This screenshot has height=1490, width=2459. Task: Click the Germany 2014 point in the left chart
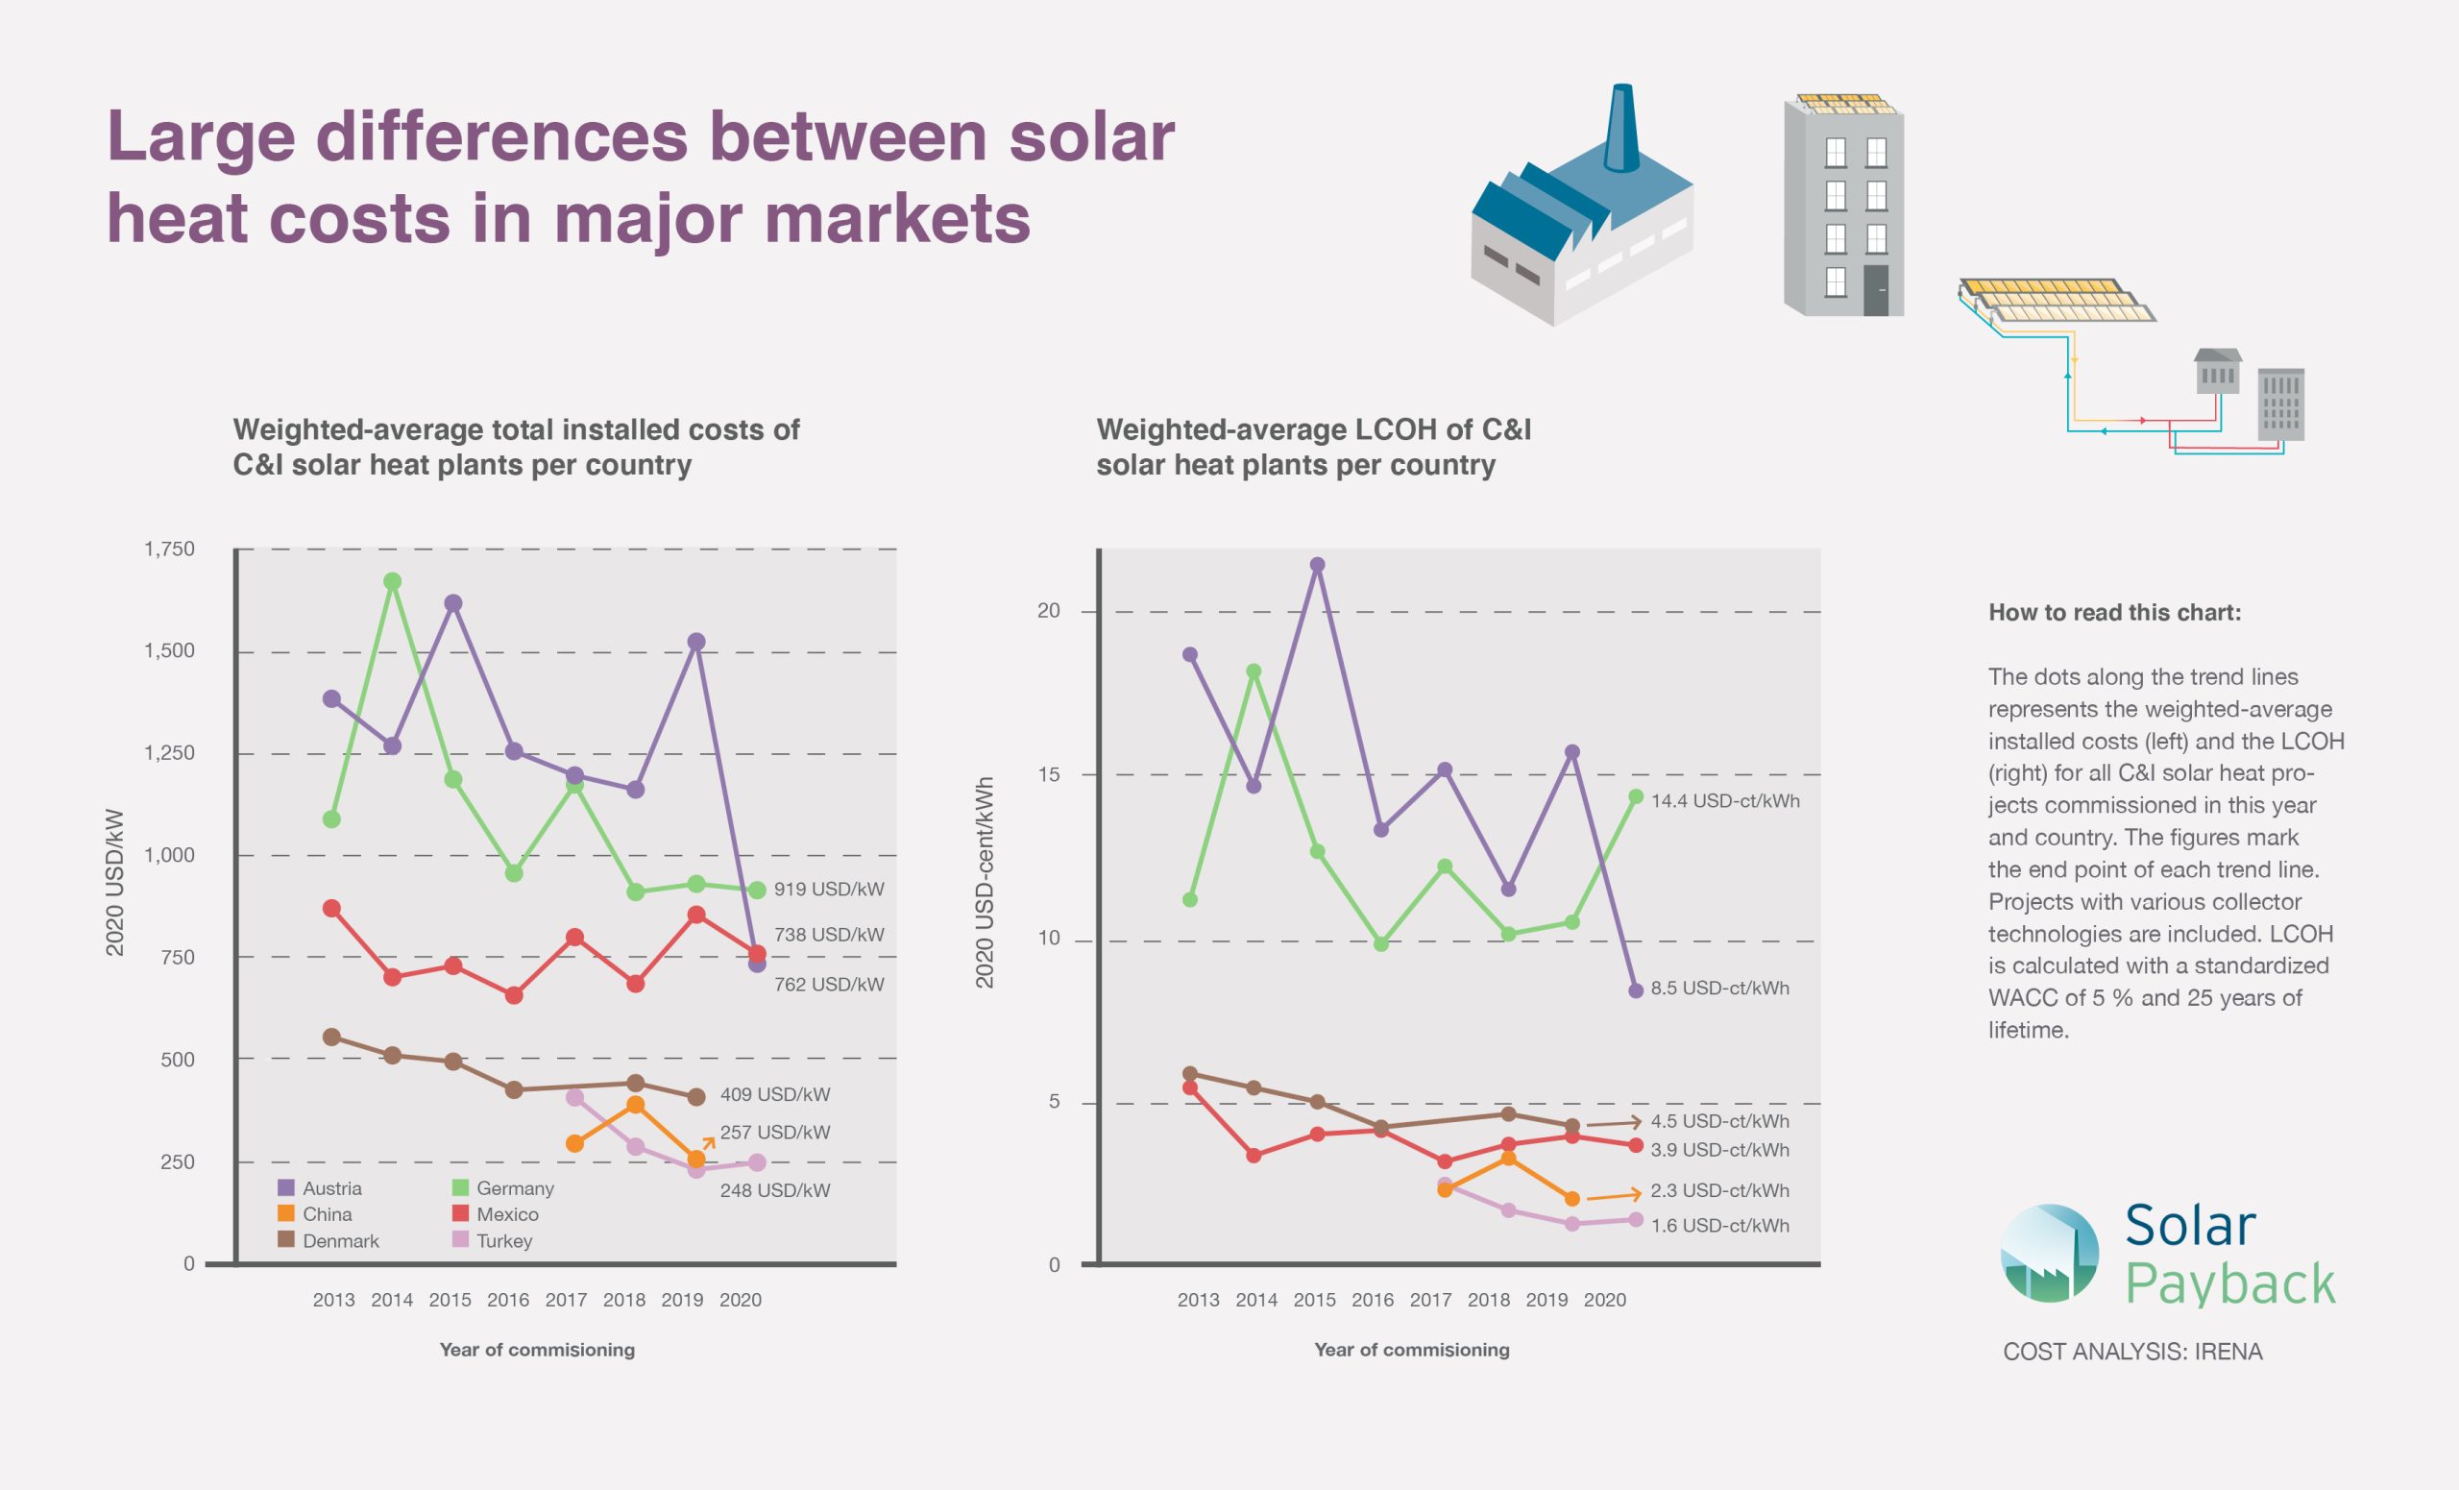[392, 581]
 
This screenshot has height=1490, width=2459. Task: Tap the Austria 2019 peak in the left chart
[696, 642]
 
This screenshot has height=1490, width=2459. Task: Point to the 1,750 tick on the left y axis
[170, 549]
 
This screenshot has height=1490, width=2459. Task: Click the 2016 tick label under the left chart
[508, 1300]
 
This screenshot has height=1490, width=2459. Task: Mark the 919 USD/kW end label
[828, 890]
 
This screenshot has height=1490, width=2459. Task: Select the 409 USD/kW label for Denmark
[774, 1094]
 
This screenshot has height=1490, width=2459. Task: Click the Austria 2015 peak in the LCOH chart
[1317, 564]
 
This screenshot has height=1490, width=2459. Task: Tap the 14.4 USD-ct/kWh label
[1724, 800]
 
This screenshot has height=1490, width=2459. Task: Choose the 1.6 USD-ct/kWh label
[1719, 1226]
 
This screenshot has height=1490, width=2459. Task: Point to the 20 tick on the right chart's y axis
[1049, 611]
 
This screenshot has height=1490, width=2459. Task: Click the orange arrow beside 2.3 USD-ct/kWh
[1614, 1195]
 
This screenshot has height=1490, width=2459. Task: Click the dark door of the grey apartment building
[1876, 290]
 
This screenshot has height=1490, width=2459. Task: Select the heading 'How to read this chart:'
[2115, 613]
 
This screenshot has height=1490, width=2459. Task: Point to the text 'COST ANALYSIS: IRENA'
[2132, 1353]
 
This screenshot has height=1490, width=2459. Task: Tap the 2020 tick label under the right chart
[1605, 1300]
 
